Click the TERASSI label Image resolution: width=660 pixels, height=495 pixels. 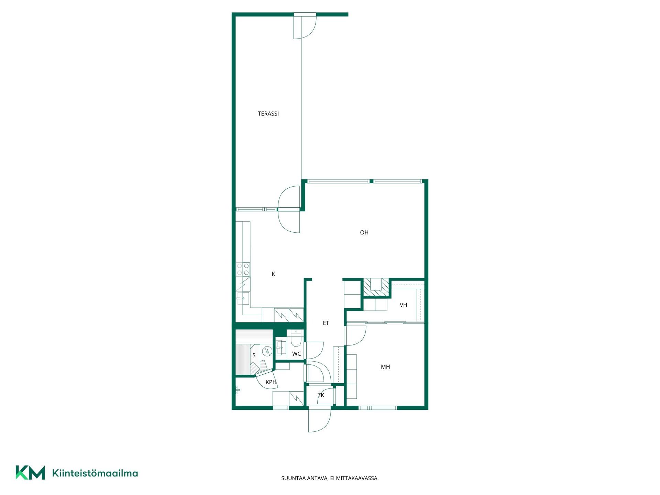pos(268,114)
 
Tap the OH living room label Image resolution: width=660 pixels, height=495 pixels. pos(364,233)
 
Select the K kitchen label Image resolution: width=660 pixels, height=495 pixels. pos(273,274)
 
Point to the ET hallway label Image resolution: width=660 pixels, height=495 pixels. pos(326,323)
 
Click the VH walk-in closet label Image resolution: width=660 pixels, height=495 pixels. pos(403,305)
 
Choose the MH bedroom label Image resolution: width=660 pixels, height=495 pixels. pos(385,367)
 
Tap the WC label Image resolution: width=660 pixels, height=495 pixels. pos(296,354)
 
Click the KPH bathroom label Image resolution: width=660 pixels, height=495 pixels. pos(271,382)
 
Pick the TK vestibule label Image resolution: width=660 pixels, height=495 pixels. pos(321,395)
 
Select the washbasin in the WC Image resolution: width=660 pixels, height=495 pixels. pos(280,348)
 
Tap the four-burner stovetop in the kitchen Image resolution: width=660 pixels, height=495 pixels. pos(243,269)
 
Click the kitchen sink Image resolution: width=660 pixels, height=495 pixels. pos(243,298)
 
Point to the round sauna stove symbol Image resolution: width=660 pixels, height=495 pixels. pos(267,351)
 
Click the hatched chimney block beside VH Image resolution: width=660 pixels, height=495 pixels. pos(377,287)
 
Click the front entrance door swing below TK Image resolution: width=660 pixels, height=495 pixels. pos(320,420)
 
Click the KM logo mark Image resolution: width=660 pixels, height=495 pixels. pos(30,472)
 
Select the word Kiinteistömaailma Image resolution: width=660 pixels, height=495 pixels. pos(95,473)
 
